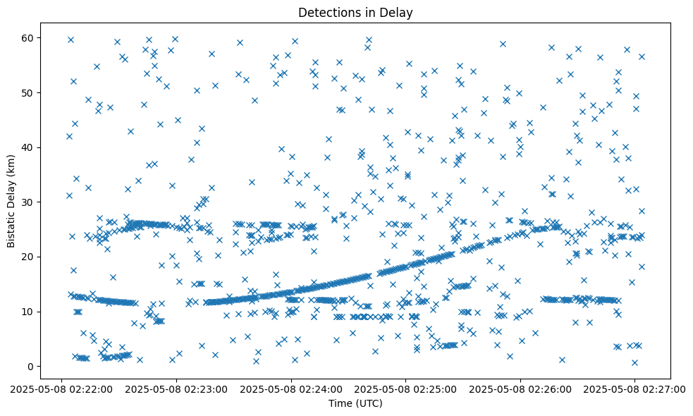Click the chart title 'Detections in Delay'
point(355,12)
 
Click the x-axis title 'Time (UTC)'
point(355,403)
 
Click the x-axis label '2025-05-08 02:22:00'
point(61,389)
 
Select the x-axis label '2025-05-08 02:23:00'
point(176,389)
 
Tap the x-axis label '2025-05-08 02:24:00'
point(290,389)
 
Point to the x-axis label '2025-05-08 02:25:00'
point(405,389)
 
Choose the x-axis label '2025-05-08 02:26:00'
point(520,389)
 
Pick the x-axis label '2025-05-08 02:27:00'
point(634,389)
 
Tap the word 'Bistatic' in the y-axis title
point(11,224)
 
